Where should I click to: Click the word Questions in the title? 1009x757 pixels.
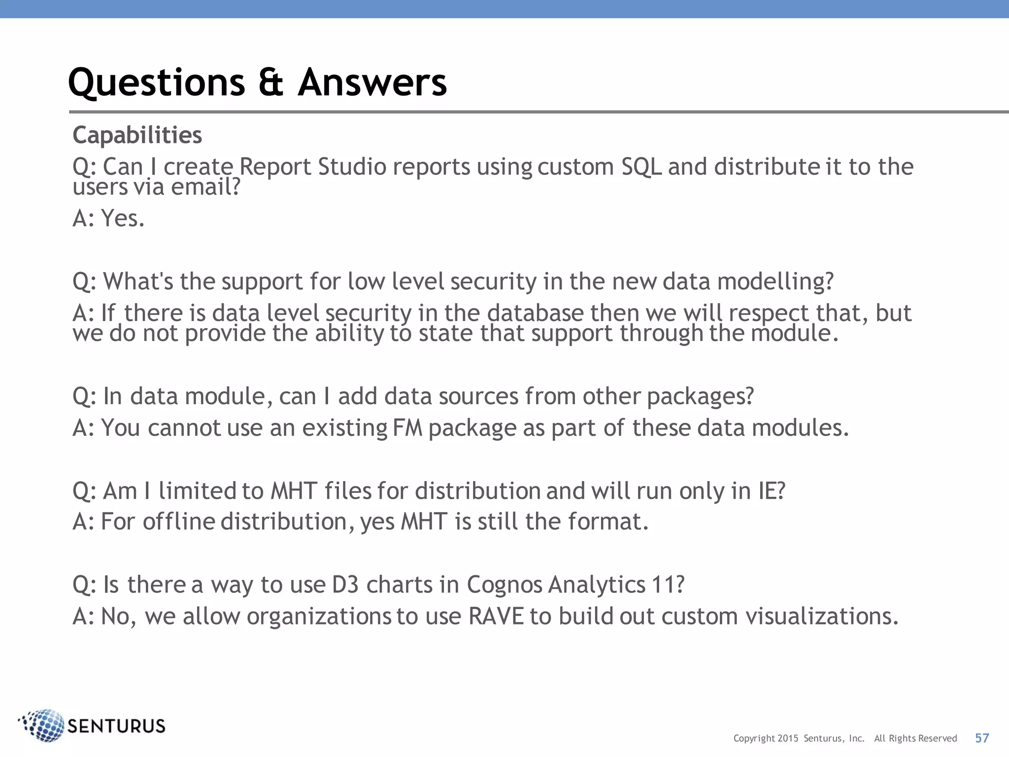point(157,83)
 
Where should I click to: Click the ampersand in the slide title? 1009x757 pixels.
point(271,83)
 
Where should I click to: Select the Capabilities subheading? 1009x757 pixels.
point(137,135)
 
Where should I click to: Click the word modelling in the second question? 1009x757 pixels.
point(774,282)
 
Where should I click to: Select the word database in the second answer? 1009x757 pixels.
point(536,313)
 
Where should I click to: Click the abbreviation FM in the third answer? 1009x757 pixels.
point(408,428)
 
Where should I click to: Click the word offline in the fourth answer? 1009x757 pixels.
point(179,522)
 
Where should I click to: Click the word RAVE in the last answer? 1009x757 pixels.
point(496,617)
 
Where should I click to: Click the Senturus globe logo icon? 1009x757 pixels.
point(43,725)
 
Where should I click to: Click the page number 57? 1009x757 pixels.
point(982,738)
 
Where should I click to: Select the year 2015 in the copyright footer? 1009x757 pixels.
point(788,738)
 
